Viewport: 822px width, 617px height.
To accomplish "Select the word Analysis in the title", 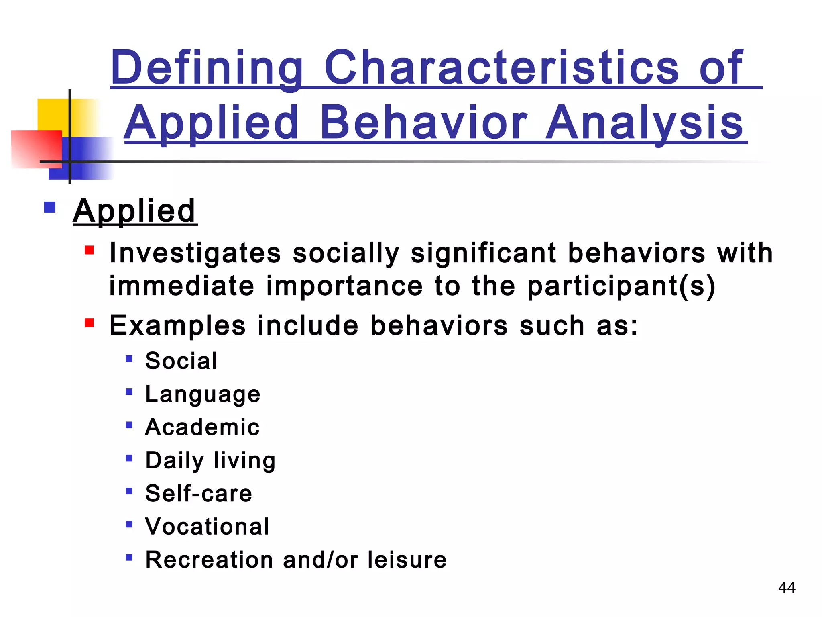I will pyautogui.click(x=645, y=123).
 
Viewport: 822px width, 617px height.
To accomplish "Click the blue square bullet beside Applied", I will pyautogui.click(x=50, y=208).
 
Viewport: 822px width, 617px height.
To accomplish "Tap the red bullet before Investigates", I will pyautogui.click(x=89, y=251).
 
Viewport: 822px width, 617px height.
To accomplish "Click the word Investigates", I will pyautogui.click(x=195, y=253).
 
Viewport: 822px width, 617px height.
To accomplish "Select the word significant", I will pyautogui.click(x=483, y=253).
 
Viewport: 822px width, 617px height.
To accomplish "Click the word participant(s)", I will pyautogui.click(x=621, y=286).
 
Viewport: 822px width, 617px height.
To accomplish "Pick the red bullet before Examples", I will pyautogui.click(x=89, y=323).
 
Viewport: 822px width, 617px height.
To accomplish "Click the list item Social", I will pyautogui.click(x=181, y=361).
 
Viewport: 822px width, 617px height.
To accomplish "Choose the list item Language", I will pyautogui.click(x=203, y=394).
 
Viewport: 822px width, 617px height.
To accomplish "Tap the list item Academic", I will pyautogui.click(x=202, y=427).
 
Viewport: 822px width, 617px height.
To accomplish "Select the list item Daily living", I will pyautogui.click(x=210, y=460).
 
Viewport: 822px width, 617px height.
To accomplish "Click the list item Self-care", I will pyautogui.click(x=199, y=493).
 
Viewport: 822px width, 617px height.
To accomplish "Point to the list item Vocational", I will pyautogui.click(x=207, y=527).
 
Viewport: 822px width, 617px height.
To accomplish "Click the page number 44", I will pyautogui.click(x=786, y=588).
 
